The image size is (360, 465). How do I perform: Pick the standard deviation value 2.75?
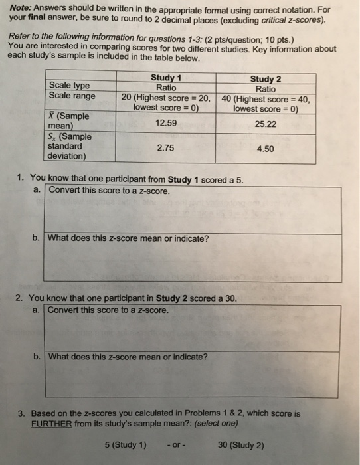(x=165, y=149)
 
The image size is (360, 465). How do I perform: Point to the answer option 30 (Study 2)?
(x=240, y=444)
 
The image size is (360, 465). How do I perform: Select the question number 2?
(x=21, y=298)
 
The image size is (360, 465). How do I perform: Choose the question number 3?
(x=21, y=413)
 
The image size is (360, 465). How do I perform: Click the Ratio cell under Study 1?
(x=165, y=88)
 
